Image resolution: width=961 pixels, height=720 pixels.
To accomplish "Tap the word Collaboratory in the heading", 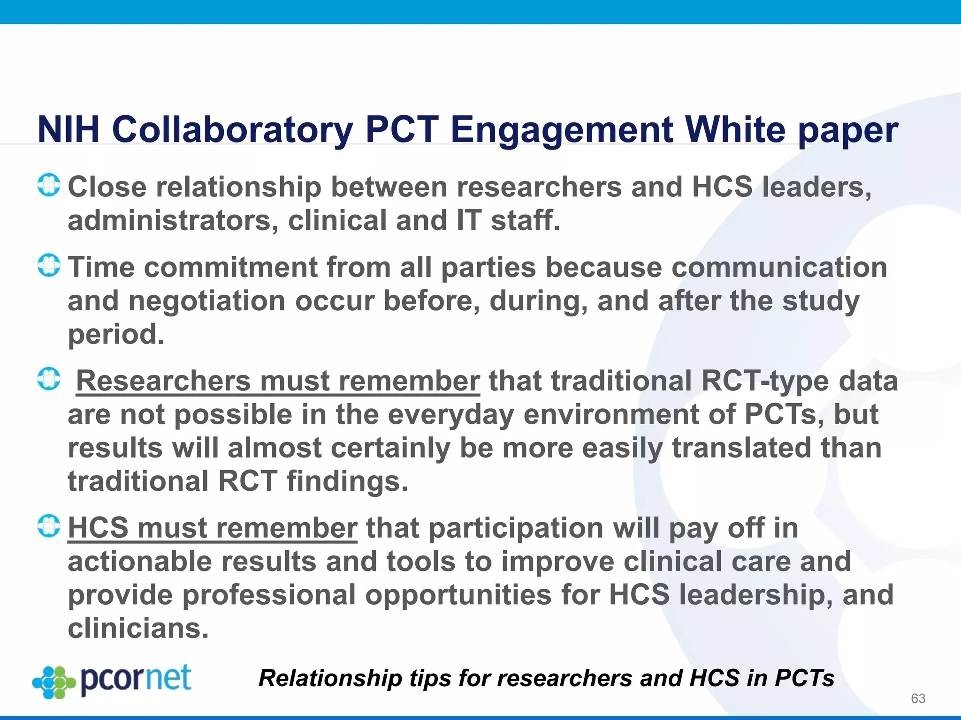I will tap(232, 130).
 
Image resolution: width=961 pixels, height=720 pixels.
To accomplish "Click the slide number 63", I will tap(918, 698).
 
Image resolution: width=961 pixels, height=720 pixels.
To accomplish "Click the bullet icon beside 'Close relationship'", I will tap(49, 185).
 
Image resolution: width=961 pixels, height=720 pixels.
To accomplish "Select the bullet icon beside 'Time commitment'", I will tap(49, 265).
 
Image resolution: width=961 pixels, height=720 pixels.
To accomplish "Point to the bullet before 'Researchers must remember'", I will tap(49, 379).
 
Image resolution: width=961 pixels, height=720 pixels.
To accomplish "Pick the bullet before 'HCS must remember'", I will tap(49, 526).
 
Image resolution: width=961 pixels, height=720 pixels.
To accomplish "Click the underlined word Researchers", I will tap(163, 381).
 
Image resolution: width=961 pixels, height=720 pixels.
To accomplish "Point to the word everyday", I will tap(451, 414).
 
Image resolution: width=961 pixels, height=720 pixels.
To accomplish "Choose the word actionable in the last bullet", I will tap(140, 562).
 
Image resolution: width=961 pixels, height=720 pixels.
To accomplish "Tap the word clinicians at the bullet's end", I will tap(138, 629).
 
